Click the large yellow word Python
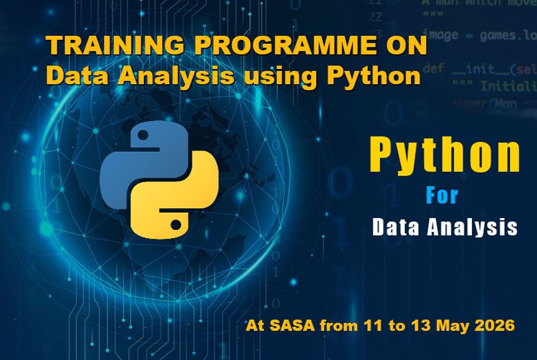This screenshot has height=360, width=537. tap(444, 156)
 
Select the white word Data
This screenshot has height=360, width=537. tap(396, 227)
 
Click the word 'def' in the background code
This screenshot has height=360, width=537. tap(433, 68)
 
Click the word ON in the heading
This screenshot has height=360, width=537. tap(407, 47)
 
